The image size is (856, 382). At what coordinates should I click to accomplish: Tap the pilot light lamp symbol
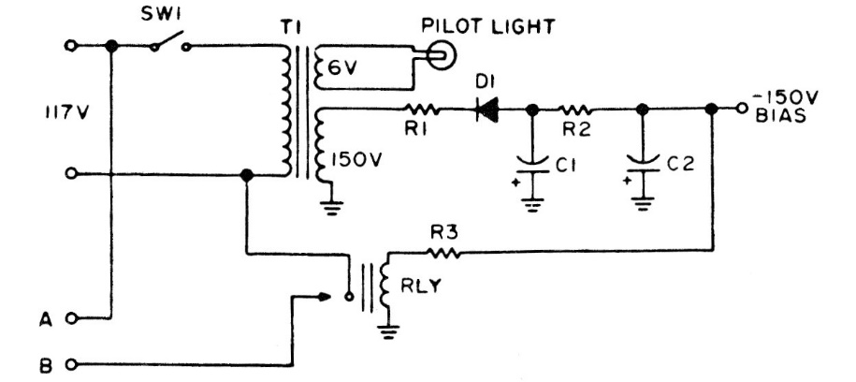point(437,56)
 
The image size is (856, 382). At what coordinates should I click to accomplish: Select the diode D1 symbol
point(487,110)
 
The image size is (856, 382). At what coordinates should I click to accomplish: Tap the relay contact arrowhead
point(325,297)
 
